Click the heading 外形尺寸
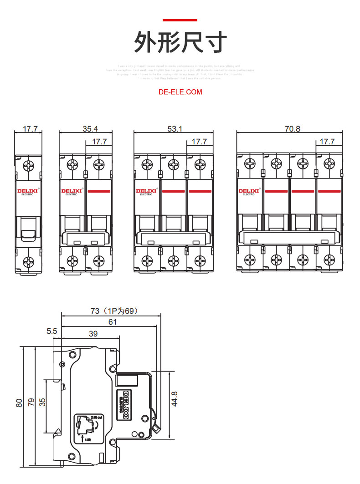pos(180,43)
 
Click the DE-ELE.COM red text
pos(180,92)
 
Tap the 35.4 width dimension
pos(90,129)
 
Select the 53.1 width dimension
pos(175,129)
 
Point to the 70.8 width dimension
pos(293,129)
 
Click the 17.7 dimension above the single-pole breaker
pos(30,129)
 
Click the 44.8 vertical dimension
pos(174,399)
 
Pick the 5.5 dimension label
pos(51,331)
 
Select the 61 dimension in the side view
pos(113,322)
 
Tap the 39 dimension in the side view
pos(93,334)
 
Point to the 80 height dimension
pos(19,402)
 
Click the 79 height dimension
pos(31,402)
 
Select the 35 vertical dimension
pos(42,402)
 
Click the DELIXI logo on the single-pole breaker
pos(27,191)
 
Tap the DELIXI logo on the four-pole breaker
pos(248,191)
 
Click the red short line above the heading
pos(180,20)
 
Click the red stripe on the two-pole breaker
pos(99,191)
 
